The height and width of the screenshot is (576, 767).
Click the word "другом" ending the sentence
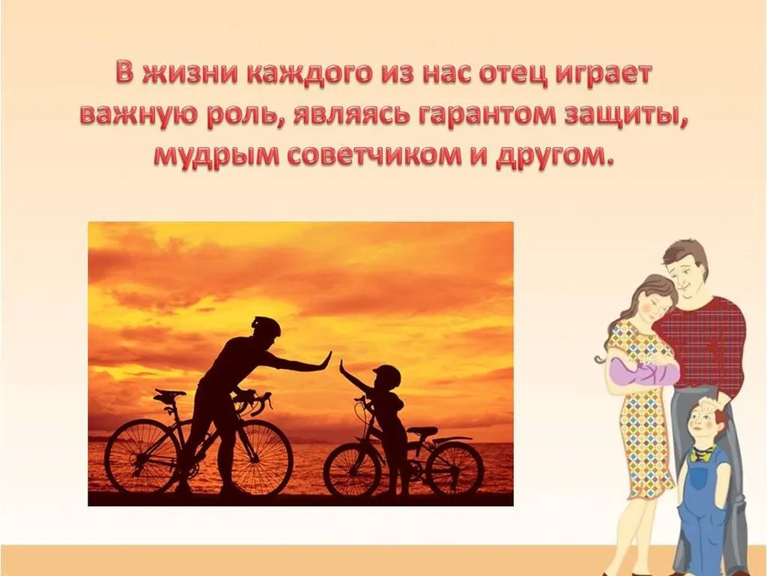click(560, 157)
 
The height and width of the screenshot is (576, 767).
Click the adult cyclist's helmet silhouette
click(266, 326)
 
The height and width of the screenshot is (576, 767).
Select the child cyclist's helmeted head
click(386, 376)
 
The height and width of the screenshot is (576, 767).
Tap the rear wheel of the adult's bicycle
click(142, 457)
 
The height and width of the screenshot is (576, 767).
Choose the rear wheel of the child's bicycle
click(454, 468)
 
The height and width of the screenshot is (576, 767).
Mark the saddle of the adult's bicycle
click(169, 394)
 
